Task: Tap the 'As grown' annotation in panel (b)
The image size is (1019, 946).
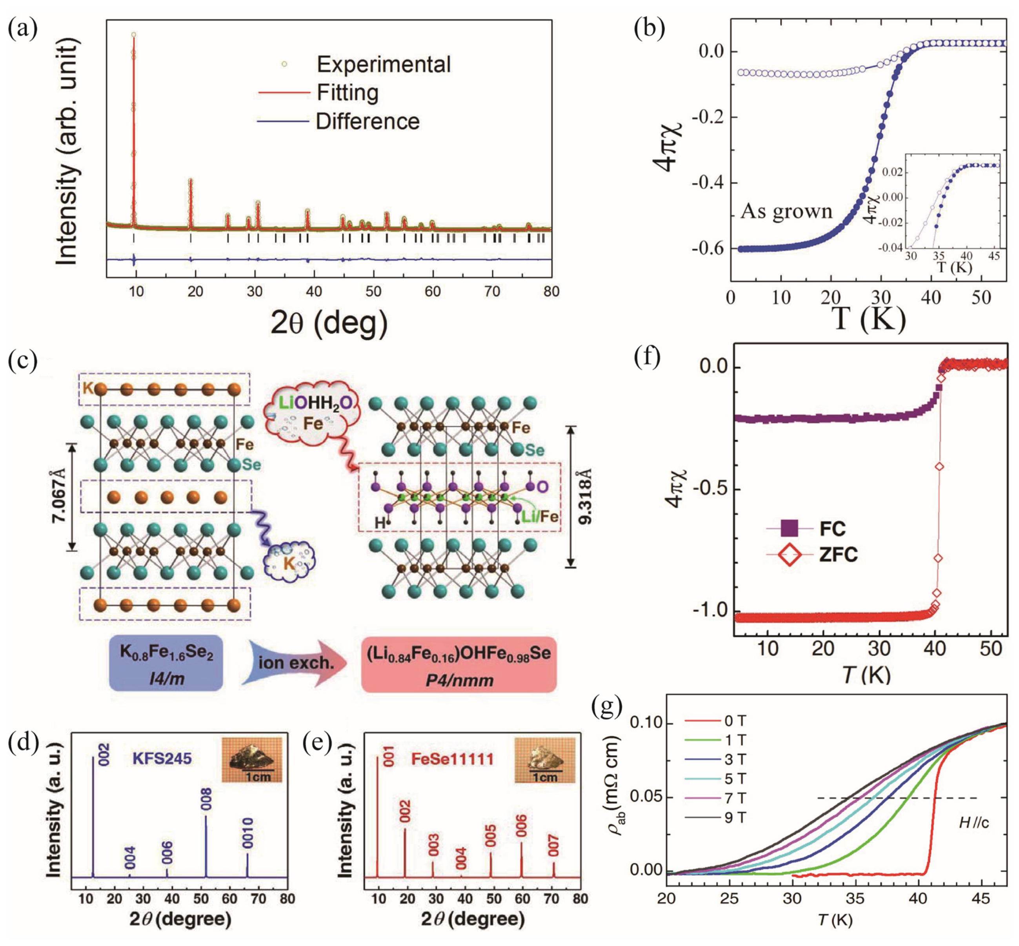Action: pos(786,211)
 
